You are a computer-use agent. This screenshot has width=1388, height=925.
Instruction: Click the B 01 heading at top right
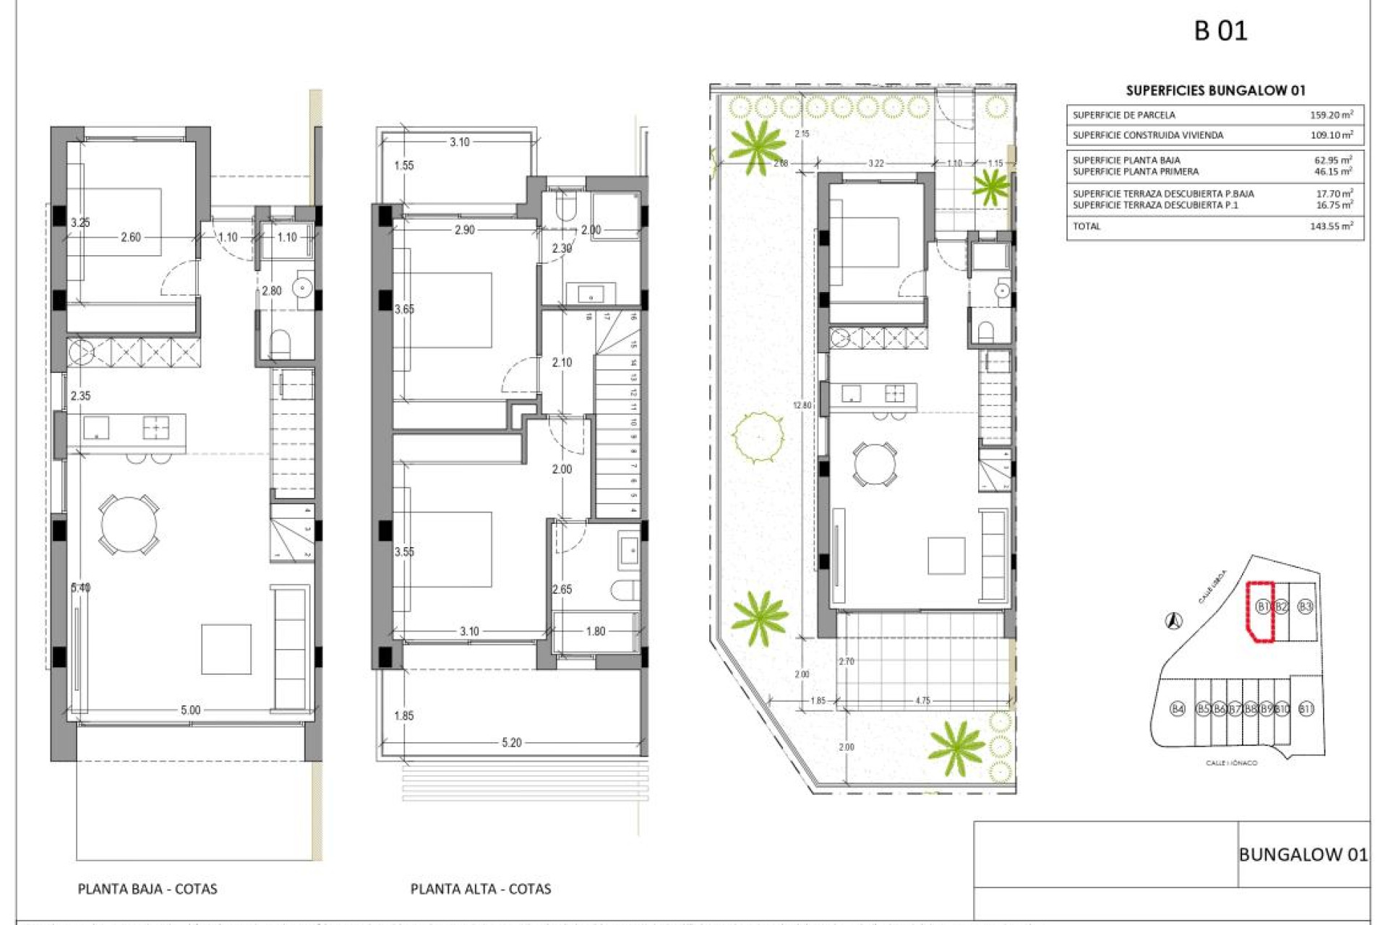pyautogui.click(x=1220, y=31)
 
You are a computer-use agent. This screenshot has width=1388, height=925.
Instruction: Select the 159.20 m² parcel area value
pyautogui.click(x=1331, y=115)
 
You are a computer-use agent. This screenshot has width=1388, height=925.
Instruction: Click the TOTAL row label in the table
pyautogui.click(x=1087, y=226)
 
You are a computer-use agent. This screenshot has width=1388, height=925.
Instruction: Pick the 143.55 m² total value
pyautogui.click(x=1331, y=226)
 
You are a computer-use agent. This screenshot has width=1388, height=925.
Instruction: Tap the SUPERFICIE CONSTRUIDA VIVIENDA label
pyautogui.click(x=1148, y=135)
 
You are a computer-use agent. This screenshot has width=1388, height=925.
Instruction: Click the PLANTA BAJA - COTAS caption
pyautogui.click(x=147, y=889)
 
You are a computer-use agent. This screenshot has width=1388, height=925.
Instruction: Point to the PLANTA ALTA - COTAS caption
pyautogui.click(x=481, y=889)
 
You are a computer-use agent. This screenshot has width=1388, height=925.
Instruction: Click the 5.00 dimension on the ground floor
pyautogui.click(x=190, y=710)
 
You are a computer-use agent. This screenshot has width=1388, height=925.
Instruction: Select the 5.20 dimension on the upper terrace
pyautogui.click(x=511, y=742)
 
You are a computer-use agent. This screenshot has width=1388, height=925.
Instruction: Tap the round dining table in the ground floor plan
pyautogui.click(x=129, y=525)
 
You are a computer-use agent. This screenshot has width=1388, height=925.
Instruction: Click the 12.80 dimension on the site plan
pyautogui.click(x=802, y=405)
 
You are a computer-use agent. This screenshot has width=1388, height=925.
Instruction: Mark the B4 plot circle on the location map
pyautogui.click(x=1178, y=709)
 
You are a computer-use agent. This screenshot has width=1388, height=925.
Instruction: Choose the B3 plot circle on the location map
pyautogui.click(x=1305, y=606)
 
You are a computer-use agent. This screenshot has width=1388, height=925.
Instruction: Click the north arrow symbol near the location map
pyautogui.click(x=1174, y=620)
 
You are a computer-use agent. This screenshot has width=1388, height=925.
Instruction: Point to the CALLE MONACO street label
pyautogui.click(x=1231, y=763)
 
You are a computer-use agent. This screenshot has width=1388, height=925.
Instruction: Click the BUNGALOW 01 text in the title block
pyautogui.click(x=1303, y=854)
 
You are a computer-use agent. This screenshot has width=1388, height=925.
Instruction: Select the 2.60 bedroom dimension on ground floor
pyautogui.click(x=131, y=237)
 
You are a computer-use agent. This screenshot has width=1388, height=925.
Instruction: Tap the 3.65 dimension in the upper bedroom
pyautogui.click(x=404, y=309)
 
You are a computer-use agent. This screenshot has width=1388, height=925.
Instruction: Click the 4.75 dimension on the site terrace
pyautogui.click(x=922, y=700)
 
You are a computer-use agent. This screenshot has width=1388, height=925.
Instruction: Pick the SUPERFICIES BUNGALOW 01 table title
pyautogui.click(x=1215, y=90)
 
